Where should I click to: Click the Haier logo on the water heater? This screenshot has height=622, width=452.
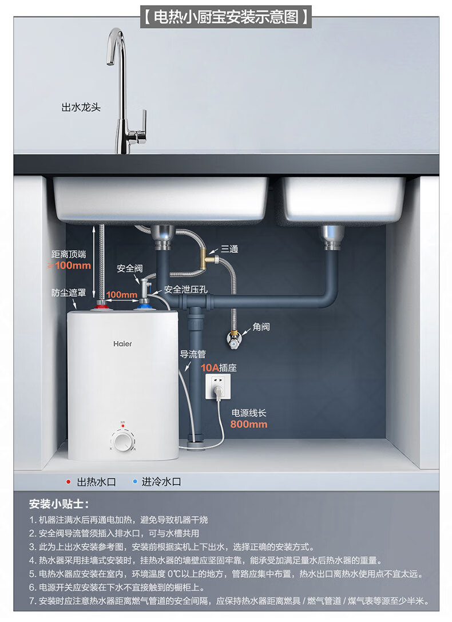point(122,344)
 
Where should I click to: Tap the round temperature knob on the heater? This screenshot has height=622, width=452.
point(122,442)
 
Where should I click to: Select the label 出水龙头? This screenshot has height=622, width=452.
point(81,107)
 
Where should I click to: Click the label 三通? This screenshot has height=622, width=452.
point(229,249)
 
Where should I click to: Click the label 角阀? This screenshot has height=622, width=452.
point(261,327)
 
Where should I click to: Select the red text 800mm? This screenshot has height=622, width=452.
point(248,424)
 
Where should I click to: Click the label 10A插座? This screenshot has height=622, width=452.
point(218,368)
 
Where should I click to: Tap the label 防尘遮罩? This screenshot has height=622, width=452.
point(69,293)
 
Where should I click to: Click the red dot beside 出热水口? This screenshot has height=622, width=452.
point(69,482)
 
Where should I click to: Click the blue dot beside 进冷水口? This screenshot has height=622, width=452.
point(134,482)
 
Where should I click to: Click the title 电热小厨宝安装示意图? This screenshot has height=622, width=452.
point(226,17)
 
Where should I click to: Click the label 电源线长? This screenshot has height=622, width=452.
point(248,413)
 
